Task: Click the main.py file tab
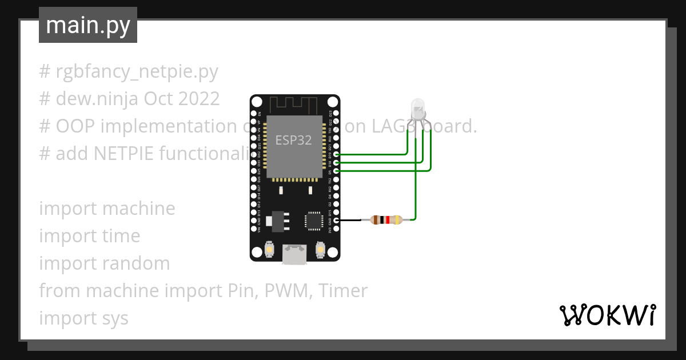coord(88,25)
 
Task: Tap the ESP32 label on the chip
coord(293,140)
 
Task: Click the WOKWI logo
coord(608,315)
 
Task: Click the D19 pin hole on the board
coord(337,154)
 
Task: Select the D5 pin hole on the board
coord(337,170)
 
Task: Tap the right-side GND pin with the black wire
coord(337,220)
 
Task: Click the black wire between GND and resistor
coord(352,220)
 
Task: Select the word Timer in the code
coord(343,291)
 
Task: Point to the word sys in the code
coord(116,318)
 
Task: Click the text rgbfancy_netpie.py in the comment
coord(137,71)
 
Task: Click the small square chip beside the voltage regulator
coord(314,221)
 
